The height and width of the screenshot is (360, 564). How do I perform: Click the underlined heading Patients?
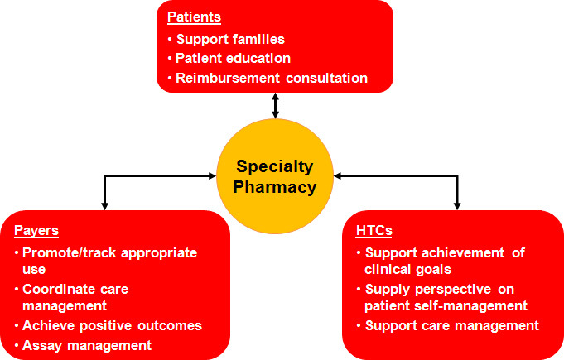coord(195,17)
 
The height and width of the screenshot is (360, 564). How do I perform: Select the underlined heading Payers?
coord(36,231)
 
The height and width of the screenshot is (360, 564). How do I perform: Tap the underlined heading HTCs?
coord(374,230)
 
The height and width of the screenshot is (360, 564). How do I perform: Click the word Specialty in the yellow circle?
coord(275,167)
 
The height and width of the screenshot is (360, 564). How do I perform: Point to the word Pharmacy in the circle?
coord(275,187)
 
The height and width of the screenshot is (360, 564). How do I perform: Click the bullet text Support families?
coord(230,39)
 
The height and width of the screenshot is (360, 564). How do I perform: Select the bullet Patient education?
coord(233,58)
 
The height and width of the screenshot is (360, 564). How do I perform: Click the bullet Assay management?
coord(87,345)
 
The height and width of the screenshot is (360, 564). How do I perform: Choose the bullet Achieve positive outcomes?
coord(113,325)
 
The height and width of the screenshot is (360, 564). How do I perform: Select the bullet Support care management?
coord(452,325)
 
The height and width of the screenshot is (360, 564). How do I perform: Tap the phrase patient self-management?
coord(446,305)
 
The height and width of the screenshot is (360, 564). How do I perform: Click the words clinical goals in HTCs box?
coord(407,270)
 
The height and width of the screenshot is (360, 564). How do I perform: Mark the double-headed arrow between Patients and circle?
coord(275,106)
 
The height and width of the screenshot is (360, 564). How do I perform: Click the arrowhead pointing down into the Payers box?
coord(104,206)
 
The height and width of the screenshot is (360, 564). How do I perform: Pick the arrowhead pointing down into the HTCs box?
coord(457,206)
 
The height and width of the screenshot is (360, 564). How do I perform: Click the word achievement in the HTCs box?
coord(463,253)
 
